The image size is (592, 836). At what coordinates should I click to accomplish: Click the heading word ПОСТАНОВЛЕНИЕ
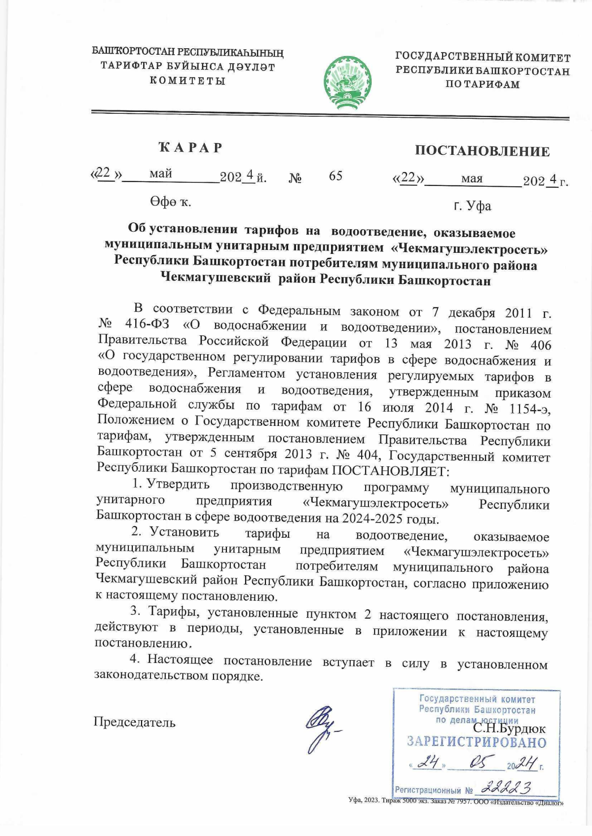tap(482, 151)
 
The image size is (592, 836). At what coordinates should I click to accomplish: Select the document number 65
tap(335, 176)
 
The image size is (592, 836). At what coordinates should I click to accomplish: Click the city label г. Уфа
tap(472, 206)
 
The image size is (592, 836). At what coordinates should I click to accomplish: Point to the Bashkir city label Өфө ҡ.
tap(171, 201)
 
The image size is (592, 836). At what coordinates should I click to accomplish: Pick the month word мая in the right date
tap(472, 179)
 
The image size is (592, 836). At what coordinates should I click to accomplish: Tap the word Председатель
tap(135, 722)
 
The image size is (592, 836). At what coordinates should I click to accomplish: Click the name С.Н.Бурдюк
tap(509, 728)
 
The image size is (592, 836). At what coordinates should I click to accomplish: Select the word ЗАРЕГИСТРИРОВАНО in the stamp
tap(477, 742)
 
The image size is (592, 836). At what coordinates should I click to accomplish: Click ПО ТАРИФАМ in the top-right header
tap(482, 84)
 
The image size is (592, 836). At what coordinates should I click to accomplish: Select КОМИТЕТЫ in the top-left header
tap(187, 80)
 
